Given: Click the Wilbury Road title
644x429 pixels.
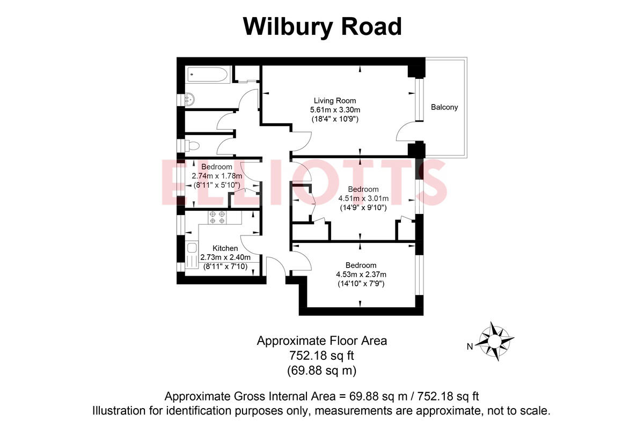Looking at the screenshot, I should [x=322, y=26].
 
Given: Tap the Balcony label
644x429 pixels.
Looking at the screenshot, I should [x=444, y=107].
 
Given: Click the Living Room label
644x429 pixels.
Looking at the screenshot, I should [x=335, y=100].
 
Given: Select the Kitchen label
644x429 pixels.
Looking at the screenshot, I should [x=225, y=248].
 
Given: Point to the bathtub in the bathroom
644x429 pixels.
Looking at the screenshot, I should [x=208, y=75].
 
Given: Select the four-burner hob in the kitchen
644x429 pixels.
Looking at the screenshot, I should [x=217, y=217].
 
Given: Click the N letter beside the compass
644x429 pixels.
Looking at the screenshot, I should [x=470, y=346].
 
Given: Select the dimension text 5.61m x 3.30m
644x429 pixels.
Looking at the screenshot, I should [x=335, y=110].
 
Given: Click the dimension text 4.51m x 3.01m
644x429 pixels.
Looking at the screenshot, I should [x=363, y=199].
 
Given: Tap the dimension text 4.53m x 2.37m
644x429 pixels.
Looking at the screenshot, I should [x=361, y=274].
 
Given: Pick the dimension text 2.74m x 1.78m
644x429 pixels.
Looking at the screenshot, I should [x=217, y=176].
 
